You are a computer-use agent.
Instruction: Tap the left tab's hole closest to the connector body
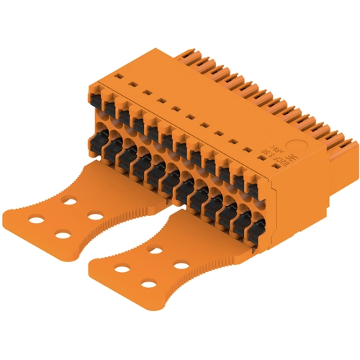pos(70,203)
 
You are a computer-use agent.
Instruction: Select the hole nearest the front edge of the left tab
pos(63,234)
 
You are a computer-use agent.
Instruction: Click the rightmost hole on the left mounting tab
pos(94,215)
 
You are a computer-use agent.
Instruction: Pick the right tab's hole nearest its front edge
pos(148,284)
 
